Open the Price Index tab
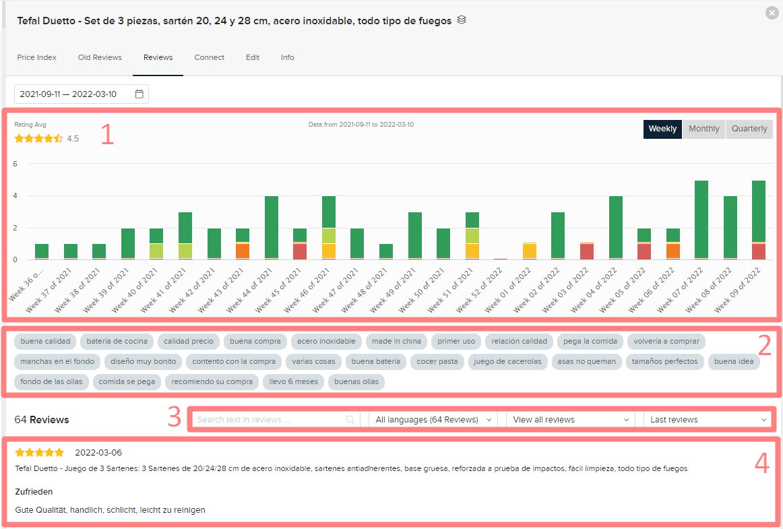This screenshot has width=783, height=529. (36, 57)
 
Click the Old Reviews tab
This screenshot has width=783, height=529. (100, 57)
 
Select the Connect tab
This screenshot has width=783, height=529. (209, 57)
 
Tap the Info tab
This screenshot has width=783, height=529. (287, 57)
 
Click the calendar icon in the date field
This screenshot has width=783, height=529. (139, 94)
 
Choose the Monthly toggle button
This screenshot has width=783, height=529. (703, 129)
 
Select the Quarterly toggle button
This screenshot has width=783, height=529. (749, 129)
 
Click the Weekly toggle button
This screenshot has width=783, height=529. (662, 129)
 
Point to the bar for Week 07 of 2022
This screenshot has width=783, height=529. (701, 220)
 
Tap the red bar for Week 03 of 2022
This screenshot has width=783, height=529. (587, 251)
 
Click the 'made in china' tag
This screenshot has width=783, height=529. (396, 341)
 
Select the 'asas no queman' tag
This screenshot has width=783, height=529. (586, 361)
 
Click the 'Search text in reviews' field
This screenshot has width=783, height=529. (270, 420)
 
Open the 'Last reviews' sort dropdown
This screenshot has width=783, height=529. (708, 420)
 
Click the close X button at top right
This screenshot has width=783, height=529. (772, 12)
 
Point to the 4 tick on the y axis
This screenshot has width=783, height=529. (15, 196)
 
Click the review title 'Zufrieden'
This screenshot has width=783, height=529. (34, 492)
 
